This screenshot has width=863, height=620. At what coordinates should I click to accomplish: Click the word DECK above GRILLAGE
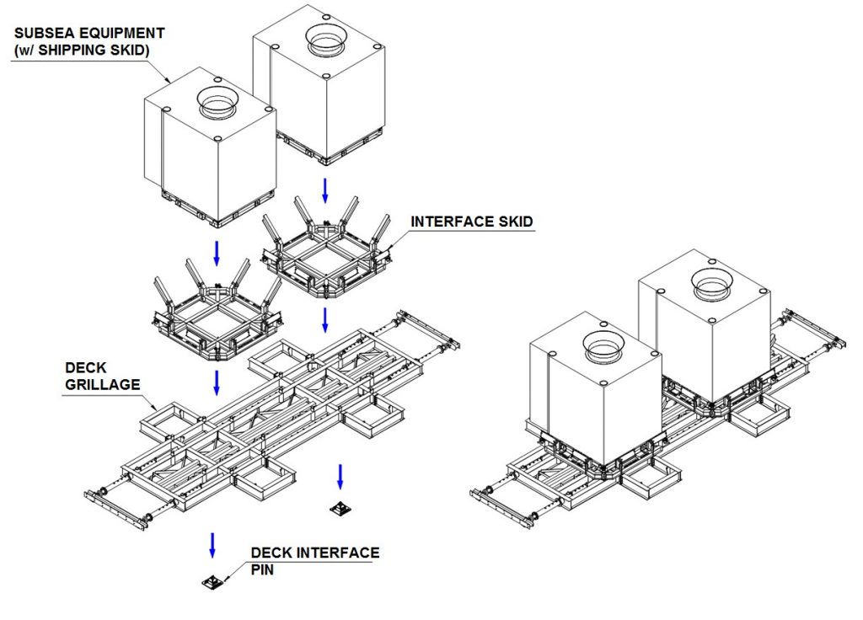pyautogui.click(x=84, y=369)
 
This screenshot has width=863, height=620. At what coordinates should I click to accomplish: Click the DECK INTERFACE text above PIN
pyautogui.click(x=315, y=553)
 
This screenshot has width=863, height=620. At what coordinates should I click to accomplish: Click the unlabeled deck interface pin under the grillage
pyautogui.click(x=340, y=508)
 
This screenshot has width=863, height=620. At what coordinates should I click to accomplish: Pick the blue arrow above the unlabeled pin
pyautogui.click(x=340, y=475)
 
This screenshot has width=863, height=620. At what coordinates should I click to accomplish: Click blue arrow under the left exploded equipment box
pyautogui.click(x=216, y=251)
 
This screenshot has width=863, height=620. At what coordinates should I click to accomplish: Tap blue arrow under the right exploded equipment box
pyautogui.click(x=324, y=189)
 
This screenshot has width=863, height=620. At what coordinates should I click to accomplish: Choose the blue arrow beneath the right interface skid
pyautogui.click(x=324, y=318)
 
